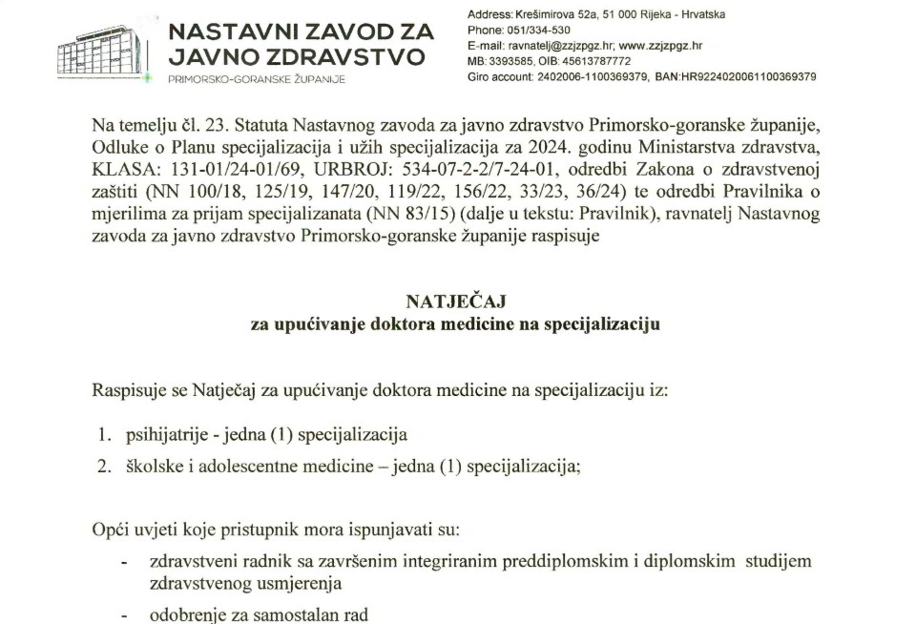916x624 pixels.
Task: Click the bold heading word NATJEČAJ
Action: (x=455, y=302)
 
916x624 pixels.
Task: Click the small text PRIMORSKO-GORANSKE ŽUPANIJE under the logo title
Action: (x=257, y=77)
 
